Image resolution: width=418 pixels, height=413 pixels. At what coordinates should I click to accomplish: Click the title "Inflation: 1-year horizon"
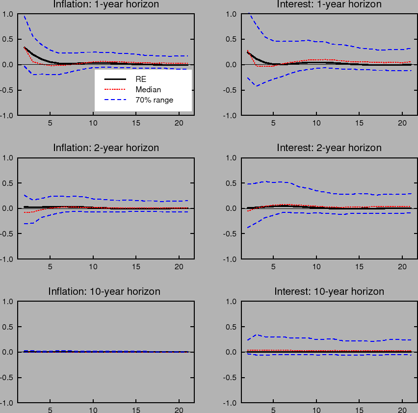tap(106, 4)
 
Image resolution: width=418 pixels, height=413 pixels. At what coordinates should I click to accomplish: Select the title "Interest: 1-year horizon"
tap(329, 4)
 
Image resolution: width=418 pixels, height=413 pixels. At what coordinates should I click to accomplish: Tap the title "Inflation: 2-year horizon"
tap(106, 148)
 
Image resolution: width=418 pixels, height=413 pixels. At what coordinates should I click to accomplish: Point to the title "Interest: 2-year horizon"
tap(329, 148)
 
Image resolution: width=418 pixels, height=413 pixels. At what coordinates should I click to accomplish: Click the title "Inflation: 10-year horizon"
tap(104, 291)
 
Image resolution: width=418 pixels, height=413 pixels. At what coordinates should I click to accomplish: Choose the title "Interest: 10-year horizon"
tap(329, 291)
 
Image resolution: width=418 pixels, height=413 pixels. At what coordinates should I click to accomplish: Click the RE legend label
tap(141, 78)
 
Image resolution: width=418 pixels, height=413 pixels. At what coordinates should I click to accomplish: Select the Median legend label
tap(148, 89)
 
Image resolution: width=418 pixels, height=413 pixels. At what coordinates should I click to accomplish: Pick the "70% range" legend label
tap(155, 100)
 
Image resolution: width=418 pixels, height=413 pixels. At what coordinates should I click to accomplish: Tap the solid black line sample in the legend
tap(113, 78)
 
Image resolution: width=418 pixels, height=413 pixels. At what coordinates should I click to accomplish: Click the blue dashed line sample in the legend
tap(113, 100)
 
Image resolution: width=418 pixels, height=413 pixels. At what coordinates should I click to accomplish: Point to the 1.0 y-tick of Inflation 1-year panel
tap(8, 14)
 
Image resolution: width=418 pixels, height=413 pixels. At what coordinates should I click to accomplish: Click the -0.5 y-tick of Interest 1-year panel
tap(231, 90)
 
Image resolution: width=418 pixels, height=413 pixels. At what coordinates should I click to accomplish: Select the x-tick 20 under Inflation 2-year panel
tap(179, 267)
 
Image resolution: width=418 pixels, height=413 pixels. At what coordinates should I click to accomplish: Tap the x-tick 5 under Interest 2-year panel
tap(273, 267)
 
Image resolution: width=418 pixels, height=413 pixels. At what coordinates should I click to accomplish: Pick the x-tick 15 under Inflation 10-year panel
tap(136, 411)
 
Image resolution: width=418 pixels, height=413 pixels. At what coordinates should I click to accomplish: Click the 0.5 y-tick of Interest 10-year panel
tap(232, 327)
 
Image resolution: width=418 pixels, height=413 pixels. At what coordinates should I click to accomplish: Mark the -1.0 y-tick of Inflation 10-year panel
tap(7, 403)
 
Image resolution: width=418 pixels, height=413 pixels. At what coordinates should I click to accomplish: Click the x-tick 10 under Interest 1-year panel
tap(316, 123)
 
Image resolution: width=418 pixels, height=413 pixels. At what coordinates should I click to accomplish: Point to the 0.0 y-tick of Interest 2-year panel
tap(232, 208)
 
